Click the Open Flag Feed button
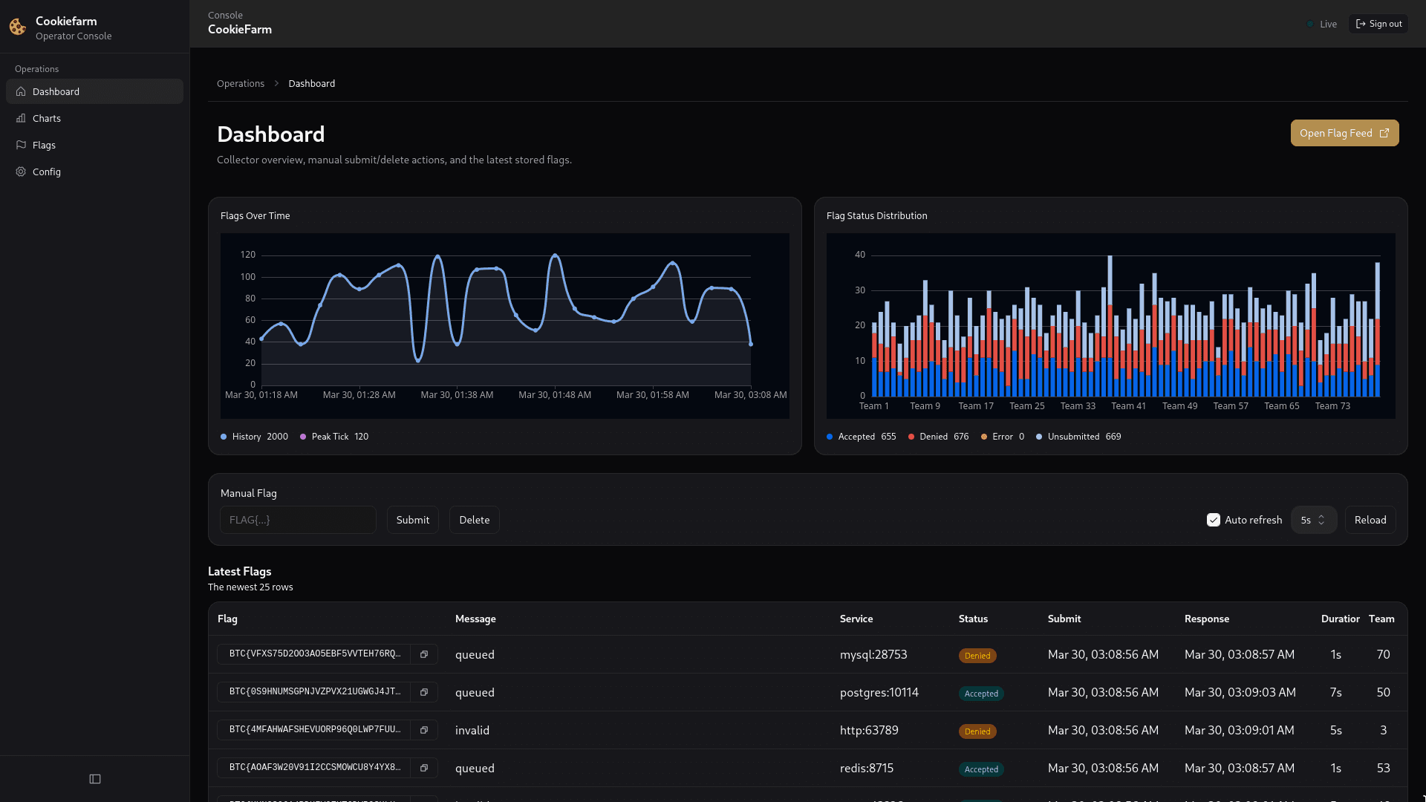1344,133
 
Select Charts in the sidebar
46,118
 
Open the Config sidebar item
46,172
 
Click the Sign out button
1378,24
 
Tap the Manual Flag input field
298,520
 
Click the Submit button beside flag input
412,520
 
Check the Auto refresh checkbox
1214,520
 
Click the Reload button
1370,520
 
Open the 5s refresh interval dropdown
1313,520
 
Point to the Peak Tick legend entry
333,437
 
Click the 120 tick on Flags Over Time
248,255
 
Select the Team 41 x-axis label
1128,406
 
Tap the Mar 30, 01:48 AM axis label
554,395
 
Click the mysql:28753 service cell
873,654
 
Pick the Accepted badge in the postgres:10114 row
980,694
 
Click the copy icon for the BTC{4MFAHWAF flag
424,730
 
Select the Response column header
1206,619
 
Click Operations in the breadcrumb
240,83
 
